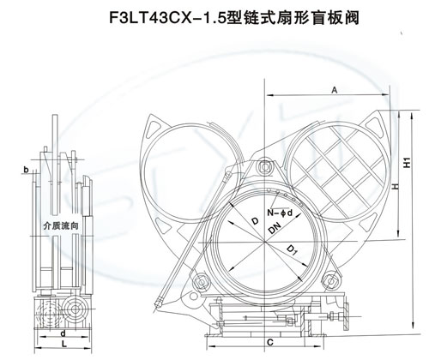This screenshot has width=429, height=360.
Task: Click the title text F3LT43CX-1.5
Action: (x=167, y=18)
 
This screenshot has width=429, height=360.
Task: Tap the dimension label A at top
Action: (x=335, y=90)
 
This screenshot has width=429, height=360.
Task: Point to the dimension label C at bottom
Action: (x=270, y=342)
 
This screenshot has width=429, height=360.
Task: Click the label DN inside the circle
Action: (x=275, y=228)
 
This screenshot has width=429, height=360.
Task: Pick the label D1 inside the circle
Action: (x=292, y=249)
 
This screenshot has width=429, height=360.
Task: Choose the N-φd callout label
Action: (x=280, y=213)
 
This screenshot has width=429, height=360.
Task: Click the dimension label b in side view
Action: (x=26, y=170)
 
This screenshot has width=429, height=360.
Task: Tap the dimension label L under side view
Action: (x=64, y=345)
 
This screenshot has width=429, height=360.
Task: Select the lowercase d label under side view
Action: (x=63, y=333)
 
